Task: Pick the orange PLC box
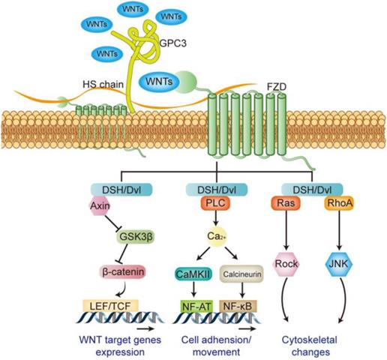pos(211,203)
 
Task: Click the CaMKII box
pos(193,275)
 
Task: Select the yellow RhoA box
pos(334,203)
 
